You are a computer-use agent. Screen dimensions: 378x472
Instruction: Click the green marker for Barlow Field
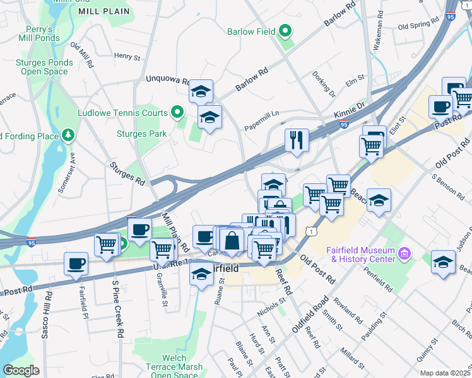(x=285, y=30)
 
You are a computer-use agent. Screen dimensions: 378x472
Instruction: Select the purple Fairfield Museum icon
(x=404, y=254)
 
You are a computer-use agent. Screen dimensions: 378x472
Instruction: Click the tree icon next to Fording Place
(x=68, y=135)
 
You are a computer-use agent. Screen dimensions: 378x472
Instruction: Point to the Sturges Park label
(x=142, y=134)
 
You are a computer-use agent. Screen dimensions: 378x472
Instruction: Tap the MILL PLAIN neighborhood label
(x=105, y=11)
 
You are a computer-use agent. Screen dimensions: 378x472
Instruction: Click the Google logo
(x=21, y=370)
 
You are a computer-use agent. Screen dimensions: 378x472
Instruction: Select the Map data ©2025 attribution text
(x=445, y=373)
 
